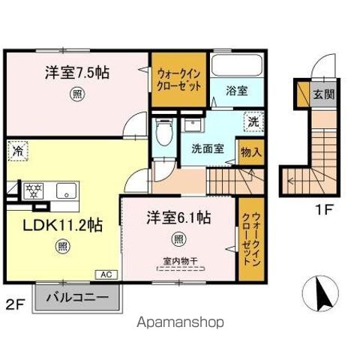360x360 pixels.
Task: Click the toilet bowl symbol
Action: click(164, 132)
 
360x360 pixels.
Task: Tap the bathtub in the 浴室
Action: click(237, 64)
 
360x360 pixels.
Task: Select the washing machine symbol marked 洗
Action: click(254, 121)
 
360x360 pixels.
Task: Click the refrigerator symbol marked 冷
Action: click(18, 151)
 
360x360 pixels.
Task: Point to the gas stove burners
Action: click(33, 191)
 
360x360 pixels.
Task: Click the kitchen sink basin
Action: click(66, 191)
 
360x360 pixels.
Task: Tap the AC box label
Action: click(106, 274)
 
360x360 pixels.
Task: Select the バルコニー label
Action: click(77, 298)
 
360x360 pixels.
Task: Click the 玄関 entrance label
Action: click(324, 94)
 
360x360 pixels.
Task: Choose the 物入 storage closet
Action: click(251, 152)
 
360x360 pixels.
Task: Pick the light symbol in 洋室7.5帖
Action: click(77, 94)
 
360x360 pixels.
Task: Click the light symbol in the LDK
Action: click(62, 247)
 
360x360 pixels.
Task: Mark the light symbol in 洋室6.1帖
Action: click(178, 239)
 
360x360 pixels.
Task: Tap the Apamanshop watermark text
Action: click(180, 322)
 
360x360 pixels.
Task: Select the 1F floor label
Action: click(323, 209)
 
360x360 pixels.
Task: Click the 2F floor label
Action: click(15, 304)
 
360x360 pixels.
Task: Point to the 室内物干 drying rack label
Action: click(180, 262)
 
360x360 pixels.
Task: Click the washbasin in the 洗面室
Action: click(193, 124)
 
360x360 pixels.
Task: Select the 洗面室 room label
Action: click(208, 149)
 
